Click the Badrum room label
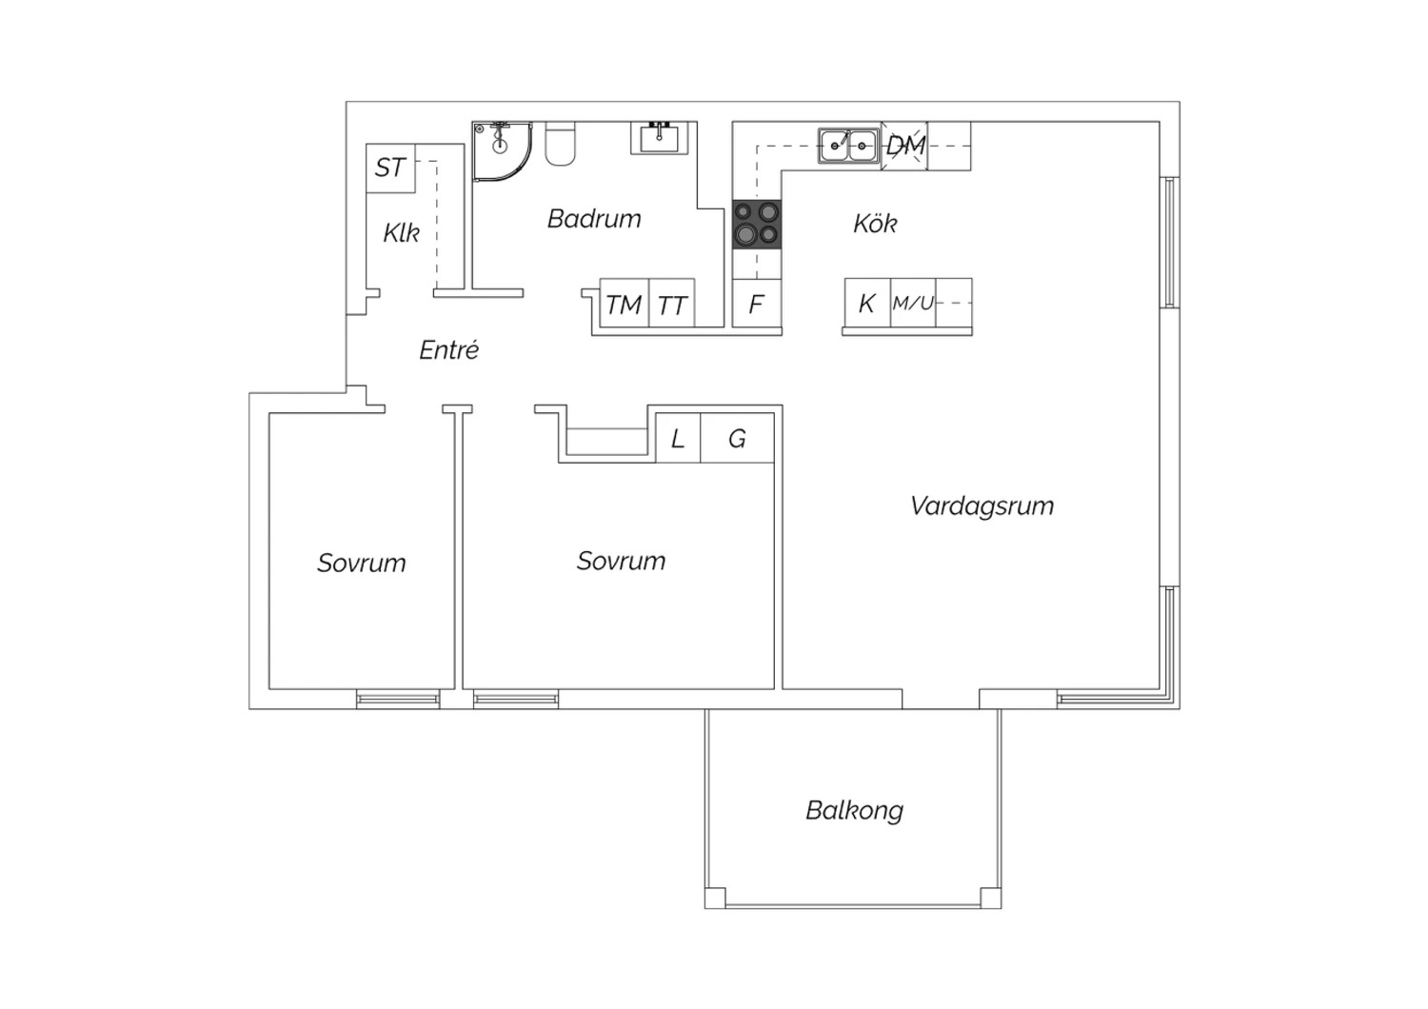coord(594,219)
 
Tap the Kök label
coord(875,223)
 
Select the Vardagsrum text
coord(982,506)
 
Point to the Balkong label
coord(854,811)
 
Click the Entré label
coord(448,349)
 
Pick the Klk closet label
coord(401,232)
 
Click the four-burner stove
coord(757,225)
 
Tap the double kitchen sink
coord(848,146)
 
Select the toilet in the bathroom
coord(561,144)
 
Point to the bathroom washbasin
coord(660,138)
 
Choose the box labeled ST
coord(390,168)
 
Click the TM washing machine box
coord(625,304)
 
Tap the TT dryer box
coord(672,304)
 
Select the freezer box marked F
coord(757,304)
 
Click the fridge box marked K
coord(867,304)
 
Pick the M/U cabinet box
coord(913,304)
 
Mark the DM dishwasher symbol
coord(904,146)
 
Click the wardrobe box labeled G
coord(737,438)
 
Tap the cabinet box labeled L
coord(678,438)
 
